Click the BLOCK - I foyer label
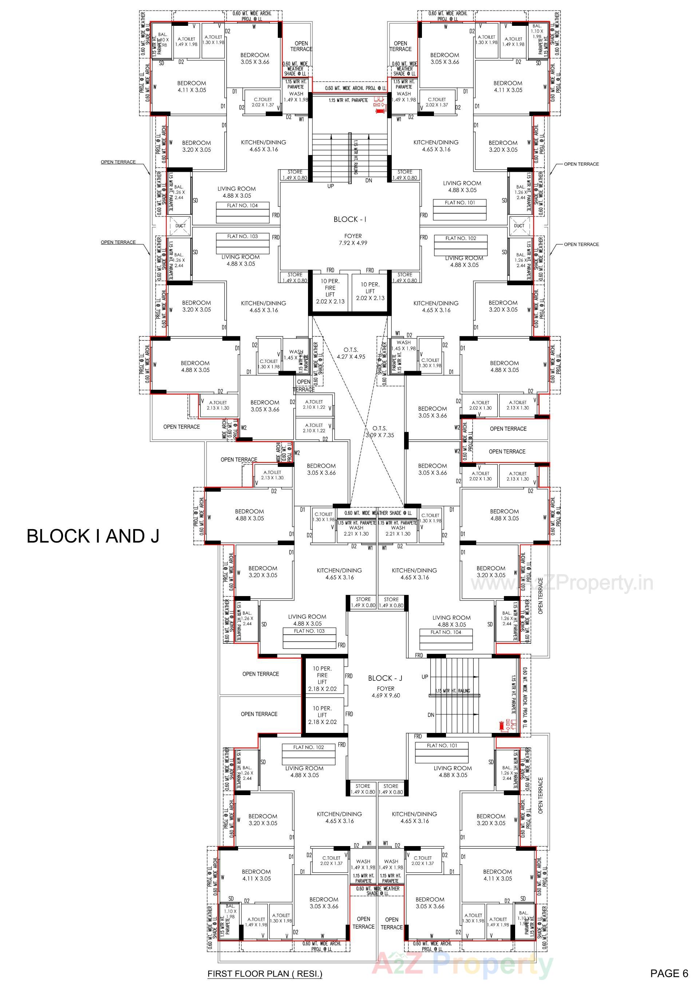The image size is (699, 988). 349,219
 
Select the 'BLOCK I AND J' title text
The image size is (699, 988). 93,536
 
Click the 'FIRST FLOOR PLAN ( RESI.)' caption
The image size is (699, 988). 265,974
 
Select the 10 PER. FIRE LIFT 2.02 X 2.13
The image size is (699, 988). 330,291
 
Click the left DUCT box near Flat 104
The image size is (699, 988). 180,226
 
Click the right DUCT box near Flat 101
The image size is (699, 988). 519,226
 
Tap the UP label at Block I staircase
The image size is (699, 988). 331,186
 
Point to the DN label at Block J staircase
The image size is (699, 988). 431,715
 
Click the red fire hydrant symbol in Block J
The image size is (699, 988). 501,726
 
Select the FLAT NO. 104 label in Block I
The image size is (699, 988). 242,206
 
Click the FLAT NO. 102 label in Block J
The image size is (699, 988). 308,747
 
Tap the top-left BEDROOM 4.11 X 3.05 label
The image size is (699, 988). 191,87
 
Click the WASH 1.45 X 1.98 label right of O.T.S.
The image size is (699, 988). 403,346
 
